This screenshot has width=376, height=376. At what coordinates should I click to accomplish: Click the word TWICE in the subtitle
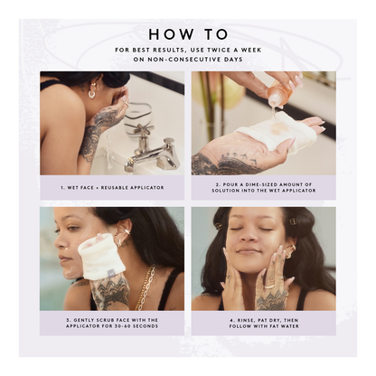(x=215, y=50)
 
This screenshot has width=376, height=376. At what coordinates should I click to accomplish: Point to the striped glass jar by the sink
(x=138, y=116)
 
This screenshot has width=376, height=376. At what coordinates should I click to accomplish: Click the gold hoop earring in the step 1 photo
(x=91, y=94)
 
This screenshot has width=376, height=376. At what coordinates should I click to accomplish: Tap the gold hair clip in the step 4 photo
(x=293, y=221)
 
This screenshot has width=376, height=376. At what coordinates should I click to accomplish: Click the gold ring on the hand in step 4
(x=269, y=287)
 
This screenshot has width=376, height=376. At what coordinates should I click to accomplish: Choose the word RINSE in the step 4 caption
(x=245, y=320)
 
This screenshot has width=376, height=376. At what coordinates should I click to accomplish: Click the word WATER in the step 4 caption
(x=290, y=326)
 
